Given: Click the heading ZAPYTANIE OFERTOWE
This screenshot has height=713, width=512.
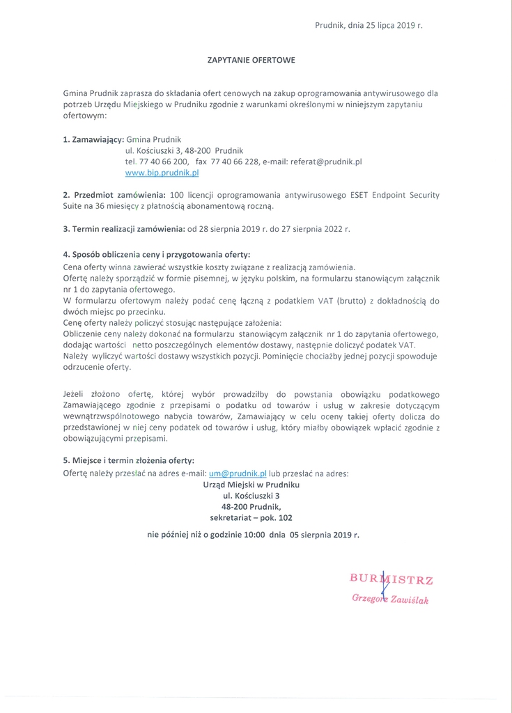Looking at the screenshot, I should pos(251,60).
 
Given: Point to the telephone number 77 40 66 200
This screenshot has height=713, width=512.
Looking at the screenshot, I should pos(162,161).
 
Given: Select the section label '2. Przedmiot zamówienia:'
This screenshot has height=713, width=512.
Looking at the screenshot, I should pos(114,195).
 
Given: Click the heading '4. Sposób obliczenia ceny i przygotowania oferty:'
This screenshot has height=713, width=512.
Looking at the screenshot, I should pos(156,255).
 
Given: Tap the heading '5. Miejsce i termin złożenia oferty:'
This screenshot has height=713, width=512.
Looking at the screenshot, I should pos(129,460).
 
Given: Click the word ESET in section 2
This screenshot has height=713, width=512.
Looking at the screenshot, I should pos(357,195).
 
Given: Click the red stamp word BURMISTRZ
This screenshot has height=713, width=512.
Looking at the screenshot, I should pos(391,578).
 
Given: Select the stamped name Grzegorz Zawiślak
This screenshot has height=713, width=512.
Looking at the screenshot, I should pos(390,598).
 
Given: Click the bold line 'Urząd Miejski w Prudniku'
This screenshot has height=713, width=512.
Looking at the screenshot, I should pos(251,484).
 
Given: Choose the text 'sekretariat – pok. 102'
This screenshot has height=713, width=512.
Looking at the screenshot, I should pos(251,517).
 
